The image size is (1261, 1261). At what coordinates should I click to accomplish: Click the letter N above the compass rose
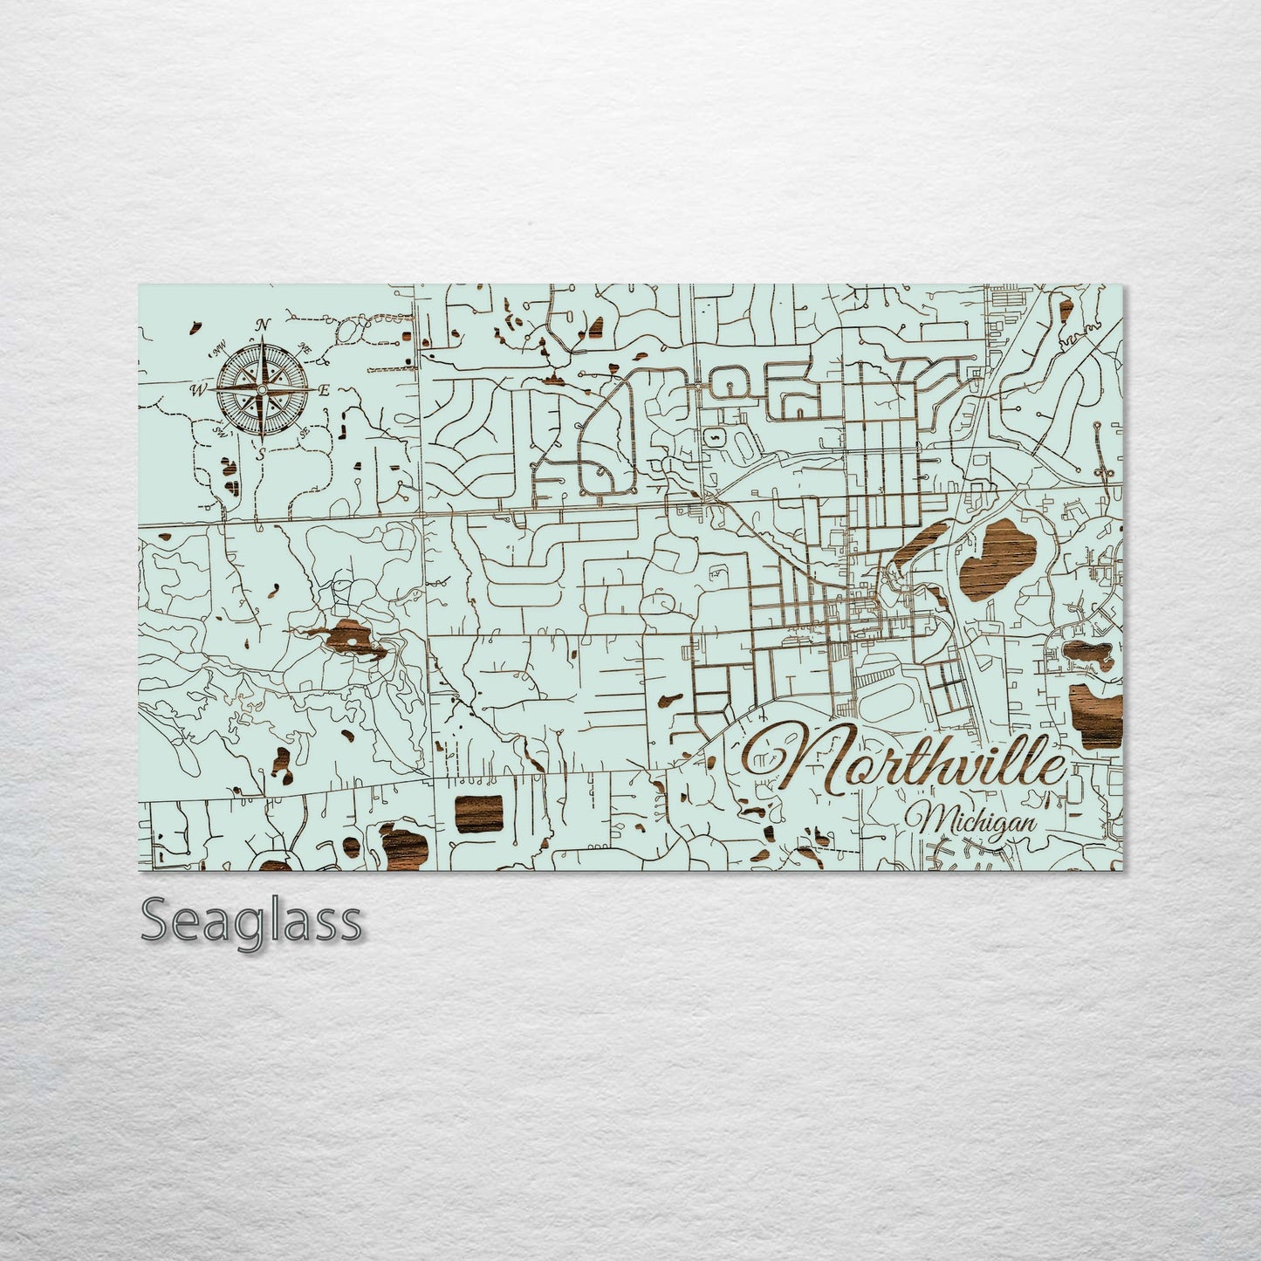(x=261, y=325)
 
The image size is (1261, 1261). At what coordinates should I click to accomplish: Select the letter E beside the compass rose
(x=324, y=391)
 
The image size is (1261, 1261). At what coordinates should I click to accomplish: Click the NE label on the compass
(x=305, y=348)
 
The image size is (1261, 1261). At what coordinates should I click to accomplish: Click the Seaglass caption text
(x=251, y=920)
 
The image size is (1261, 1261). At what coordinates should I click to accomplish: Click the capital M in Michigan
(x=929, y=820)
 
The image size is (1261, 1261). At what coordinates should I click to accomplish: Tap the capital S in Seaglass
(x=158, y=920)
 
